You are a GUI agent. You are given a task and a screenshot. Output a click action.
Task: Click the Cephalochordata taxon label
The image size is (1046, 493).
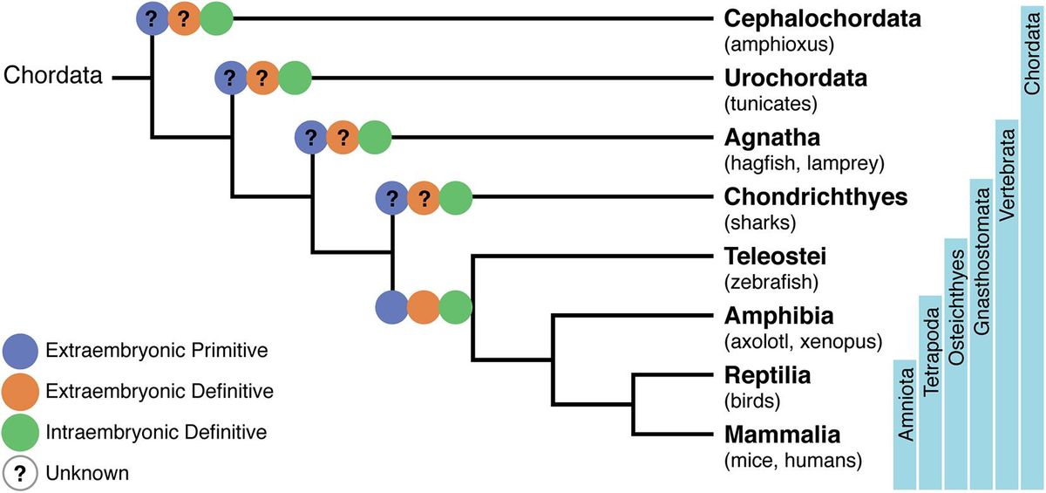click(x=822, y=19)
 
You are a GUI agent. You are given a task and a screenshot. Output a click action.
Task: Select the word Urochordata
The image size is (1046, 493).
click(x=796, y=79)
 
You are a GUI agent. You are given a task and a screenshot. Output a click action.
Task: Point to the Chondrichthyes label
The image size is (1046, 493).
click(x=816, y=197)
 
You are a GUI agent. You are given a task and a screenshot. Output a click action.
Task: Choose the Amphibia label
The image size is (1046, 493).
click(x=778, y=316)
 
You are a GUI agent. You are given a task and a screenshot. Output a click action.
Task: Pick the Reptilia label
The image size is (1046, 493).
click(x=768, y=376)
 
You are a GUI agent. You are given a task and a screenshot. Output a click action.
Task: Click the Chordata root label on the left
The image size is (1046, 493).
click(x=54, y=76)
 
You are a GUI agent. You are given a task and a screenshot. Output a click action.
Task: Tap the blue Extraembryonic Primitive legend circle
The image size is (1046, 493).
click(x=19, y=351)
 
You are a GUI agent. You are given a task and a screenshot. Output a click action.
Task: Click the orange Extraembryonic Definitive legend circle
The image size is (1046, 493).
click(x=19, y=391)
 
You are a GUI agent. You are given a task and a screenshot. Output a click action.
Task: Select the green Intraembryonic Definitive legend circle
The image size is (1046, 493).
click(x=19, y=432)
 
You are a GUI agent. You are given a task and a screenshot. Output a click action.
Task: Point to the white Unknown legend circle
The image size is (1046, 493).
click(x=19, y=473)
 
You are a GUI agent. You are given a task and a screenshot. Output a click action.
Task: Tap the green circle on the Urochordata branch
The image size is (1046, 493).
click(x=295, y=79)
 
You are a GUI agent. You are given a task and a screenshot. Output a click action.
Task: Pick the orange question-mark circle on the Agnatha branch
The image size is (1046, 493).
click(x=343, y=137)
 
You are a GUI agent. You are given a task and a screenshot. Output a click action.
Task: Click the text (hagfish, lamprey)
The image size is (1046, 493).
click(x=805, y=162)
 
